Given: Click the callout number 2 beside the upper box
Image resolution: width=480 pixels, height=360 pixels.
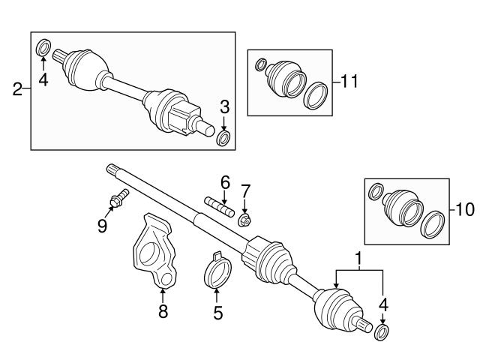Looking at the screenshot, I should click(17, 91).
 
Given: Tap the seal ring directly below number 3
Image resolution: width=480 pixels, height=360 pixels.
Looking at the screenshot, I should click(223, 139).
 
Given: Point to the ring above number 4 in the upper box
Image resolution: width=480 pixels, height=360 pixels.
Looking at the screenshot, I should click(43, 49).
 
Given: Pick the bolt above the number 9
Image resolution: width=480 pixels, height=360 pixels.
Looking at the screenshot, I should click(118, 199).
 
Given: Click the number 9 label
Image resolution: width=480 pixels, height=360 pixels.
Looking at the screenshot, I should click(103, 224).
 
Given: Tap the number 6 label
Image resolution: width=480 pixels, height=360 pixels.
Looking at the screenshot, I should click(224, 181).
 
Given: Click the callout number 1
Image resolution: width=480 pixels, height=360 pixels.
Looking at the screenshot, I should click(359, 259).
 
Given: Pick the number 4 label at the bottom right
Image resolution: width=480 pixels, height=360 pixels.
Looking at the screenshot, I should click(383, 304).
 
